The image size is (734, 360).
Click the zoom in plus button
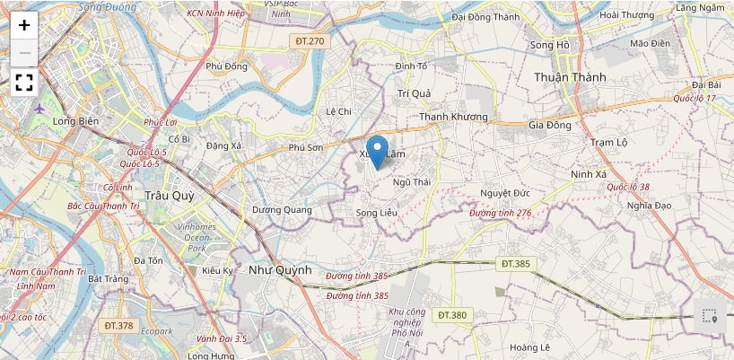click(24, 25)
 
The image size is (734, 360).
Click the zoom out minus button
click(24, 53)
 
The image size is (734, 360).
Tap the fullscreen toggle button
click(24, 83)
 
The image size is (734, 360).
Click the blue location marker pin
click(378, 152)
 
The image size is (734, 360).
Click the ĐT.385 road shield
click(516, 264)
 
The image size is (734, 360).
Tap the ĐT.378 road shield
click(118, 326)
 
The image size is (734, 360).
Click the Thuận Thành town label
click(569, 77)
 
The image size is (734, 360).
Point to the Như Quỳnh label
click(280, 269)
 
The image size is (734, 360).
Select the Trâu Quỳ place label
click(170, 194)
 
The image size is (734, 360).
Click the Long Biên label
click(74, 121)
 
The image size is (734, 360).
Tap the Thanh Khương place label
click(453, 117)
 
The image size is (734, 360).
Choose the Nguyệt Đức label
click(505, 193)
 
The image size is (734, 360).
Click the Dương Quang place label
click(282, 210)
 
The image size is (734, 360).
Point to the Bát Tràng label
click(108, 279)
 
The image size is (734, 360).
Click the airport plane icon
click(39, 109)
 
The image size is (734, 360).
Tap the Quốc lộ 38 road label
click(628, 187)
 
